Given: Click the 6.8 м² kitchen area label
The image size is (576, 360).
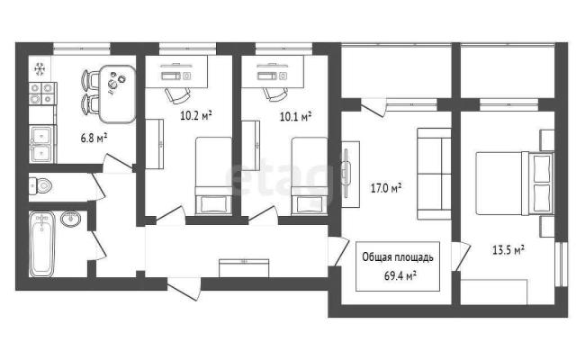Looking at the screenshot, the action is [x=94, y=138].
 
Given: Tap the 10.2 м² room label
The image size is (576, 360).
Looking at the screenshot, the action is [x=196, y=115].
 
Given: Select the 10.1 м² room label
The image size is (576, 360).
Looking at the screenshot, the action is [x=296, y=116].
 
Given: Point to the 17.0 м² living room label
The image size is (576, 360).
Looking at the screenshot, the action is [x=386, y=188].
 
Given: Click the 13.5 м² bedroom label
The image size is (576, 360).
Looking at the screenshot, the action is [x=508, y=250].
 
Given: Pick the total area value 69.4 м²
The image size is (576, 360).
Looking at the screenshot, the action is [x=400, y=275].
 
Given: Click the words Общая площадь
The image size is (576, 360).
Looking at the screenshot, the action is [x=398, y=257].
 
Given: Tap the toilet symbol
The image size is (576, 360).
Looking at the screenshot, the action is [x=40, y=186].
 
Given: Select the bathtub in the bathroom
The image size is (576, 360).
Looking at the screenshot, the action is [x=42, y=244].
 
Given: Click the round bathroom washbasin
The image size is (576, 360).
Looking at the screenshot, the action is [x=70, y=219].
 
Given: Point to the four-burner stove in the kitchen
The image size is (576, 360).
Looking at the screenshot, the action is [x=42, y=94].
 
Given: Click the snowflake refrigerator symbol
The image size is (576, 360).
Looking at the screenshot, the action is [x=40, y=69].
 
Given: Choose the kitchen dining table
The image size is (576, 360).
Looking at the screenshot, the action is [x=117, y=94].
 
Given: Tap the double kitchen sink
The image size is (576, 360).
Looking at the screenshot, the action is [x=42, y=144].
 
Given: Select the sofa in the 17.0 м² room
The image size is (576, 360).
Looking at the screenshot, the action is [x=434, y=174].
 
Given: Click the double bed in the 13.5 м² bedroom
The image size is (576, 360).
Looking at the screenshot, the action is [x=515, y=184].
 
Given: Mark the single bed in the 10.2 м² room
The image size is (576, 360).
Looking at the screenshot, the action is [x=213, y=175].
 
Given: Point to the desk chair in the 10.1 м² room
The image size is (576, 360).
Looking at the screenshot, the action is [x=276, y=94].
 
